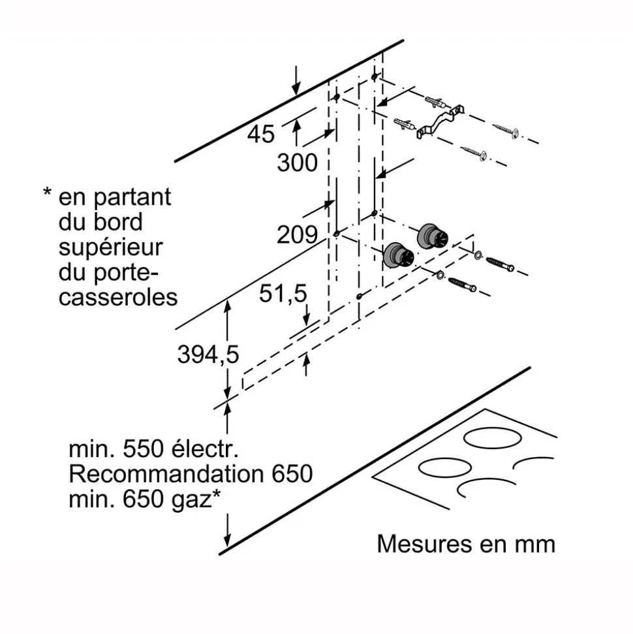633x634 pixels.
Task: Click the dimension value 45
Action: (x=260, y=135)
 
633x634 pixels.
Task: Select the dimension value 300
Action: (x=297, y=163)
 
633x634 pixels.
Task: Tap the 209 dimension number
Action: (x=297, y=234)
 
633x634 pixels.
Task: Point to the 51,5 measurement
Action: (x=282, y=294)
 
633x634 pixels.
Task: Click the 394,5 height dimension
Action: (x=208, y=355)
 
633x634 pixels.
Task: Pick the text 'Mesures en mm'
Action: (x=465, y=544)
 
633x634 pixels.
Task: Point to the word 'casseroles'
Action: (x=118, y=297)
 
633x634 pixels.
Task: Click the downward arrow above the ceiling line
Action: (x=297, y=79)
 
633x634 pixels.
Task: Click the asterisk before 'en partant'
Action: (x=47, y=193)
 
